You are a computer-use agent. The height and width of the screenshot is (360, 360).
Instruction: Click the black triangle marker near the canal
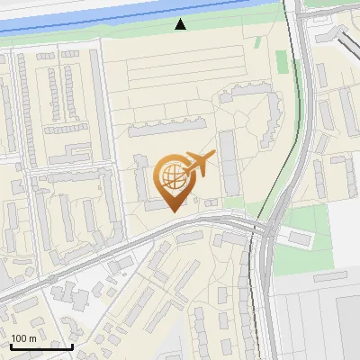[181, 24]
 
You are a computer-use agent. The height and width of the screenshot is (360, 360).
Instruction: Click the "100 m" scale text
[23, 338]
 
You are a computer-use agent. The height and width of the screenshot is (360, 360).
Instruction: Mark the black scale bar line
[42, 346]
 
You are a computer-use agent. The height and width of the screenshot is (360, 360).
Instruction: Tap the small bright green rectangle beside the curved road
[282, 64]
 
